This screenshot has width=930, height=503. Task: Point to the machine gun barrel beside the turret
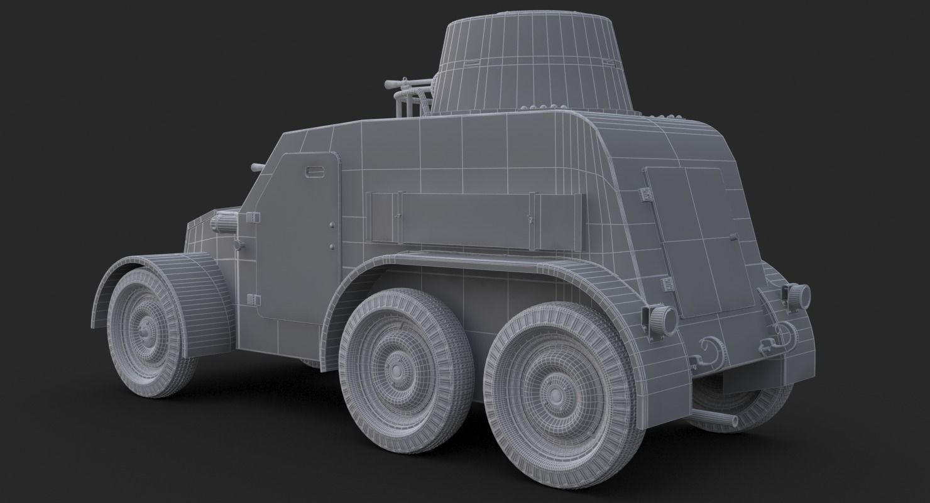pyautogui.click(x=402, y=82)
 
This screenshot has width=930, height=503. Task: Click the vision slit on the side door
pyautogui.click(x=312, y=171)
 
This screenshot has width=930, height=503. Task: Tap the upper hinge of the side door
pyautogui.click(x=253, y=218)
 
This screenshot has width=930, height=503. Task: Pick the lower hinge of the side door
pyautogui.click(x=252, y=299)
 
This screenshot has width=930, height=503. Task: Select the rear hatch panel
pyautogui.click(x=697, y=239)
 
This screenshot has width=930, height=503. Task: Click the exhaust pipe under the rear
pyautogui.click(x=723, y=419)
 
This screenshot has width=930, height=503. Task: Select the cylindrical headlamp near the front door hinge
pyautogui.click(x=224, y=223)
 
